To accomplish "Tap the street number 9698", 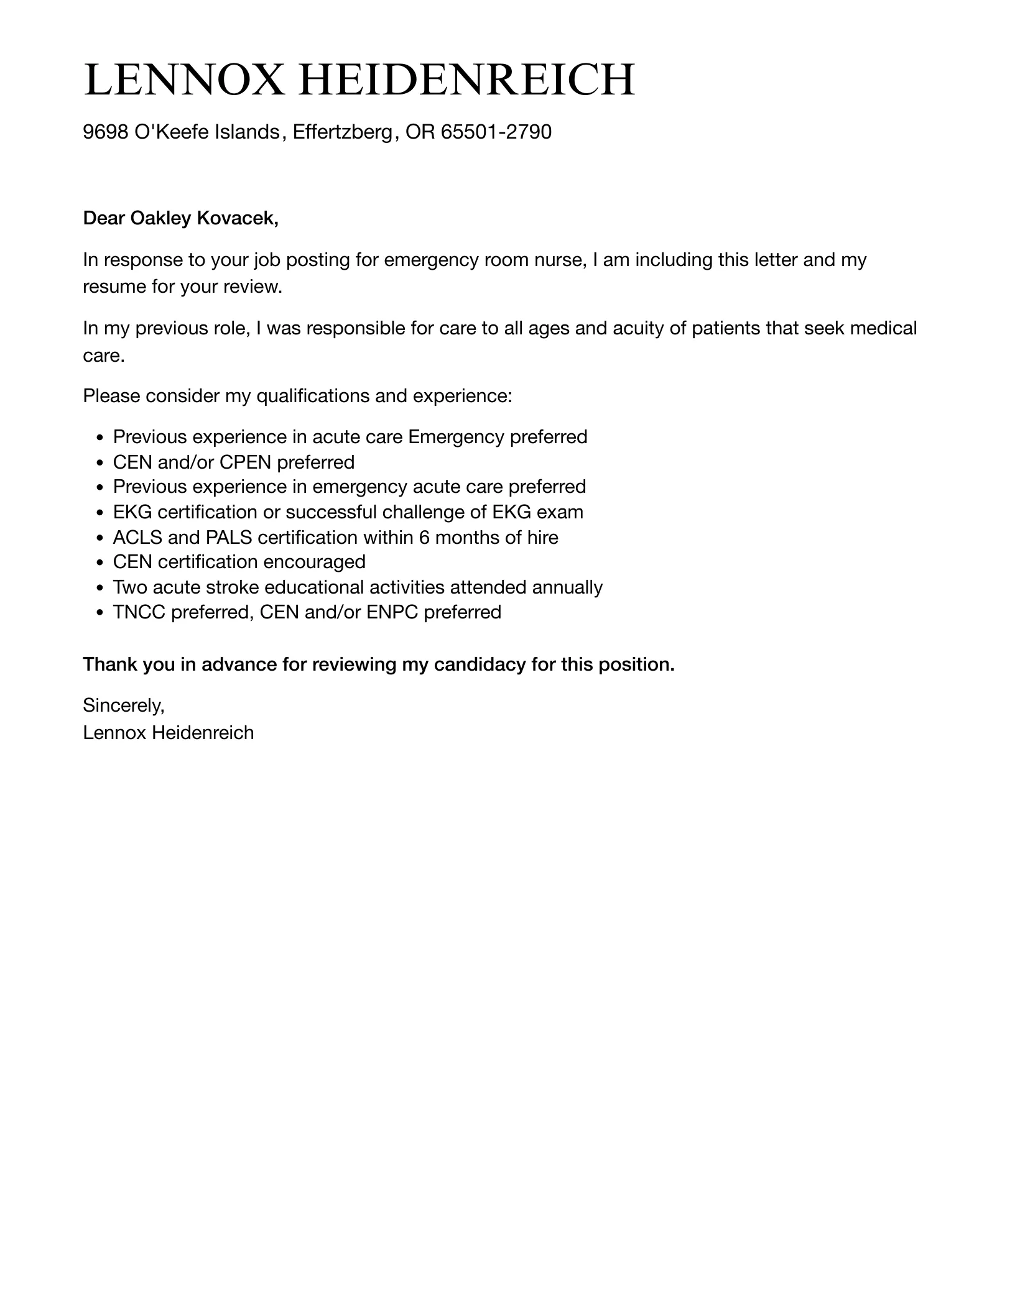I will coord(106,132).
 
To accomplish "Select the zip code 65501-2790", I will coord(496,132).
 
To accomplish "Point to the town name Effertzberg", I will coord(343,132).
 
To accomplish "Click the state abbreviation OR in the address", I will coord(420,132).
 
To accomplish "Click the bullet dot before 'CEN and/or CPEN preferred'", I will coord(100,463).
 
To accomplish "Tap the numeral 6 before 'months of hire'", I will coord(424,537).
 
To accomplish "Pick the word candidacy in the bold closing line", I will coord(480,664).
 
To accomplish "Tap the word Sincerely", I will coord(123,705).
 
